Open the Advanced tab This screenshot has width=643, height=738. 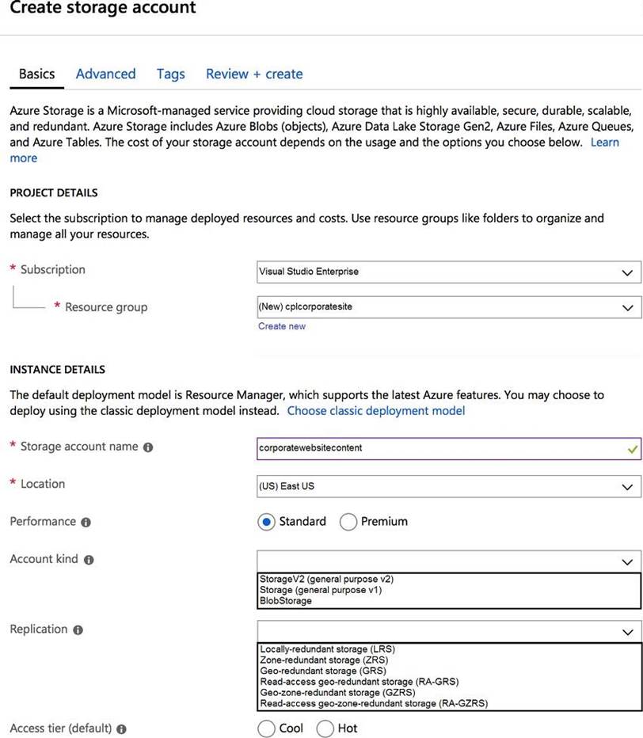point(105,74)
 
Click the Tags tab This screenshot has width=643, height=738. point(170,74)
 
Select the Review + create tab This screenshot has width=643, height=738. point(254,74)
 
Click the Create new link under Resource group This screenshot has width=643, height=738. point(281,326)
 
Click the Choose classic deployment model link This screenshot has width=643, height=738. point(376,411)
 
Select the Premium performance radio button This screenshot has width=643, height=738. point(348,522)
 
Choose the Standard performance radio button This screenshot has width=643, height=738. point(267,522)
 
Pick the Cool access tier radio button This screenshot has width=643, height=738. point(267,728)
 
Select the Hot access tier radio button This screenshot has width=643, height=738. point(325,728)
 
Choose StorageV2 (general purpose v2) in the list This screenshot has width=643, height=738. point(326,579)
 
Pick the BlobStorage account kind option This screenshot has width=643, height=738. point(286,601)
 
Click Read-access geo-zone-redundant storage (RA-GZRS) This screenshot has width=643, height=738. point(374,703)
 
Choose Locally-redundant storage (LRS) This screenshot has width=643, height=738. point(327,649)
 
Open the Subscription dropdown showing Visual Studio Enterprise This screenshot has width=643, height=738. point(449,272)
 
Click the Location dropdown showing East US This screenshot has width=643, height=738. point(449,485)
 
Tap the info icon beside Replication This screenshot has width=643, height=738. point(78,630)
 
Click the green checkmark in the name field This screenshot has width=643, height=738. point(632,448)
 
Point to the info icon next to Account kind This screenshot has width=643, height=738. point(89,560)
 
